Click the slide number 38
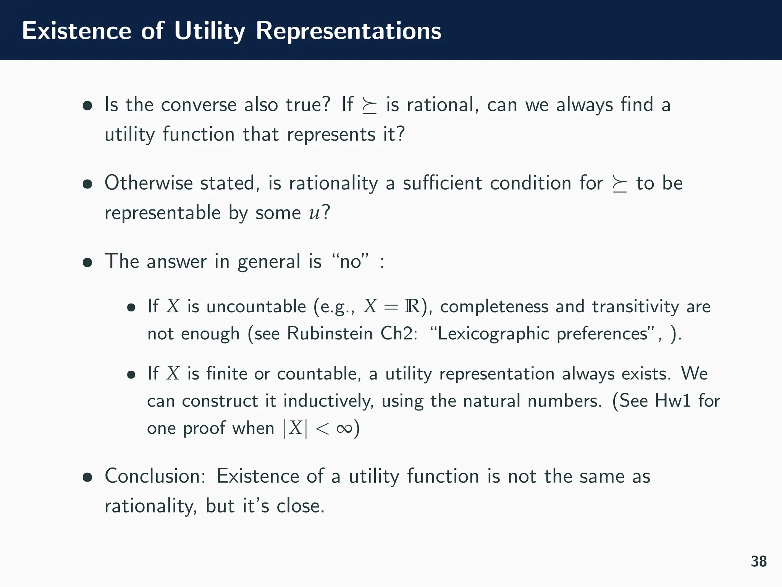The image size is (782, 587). [758, 561]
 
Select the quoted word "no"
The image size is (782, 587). [351, 262]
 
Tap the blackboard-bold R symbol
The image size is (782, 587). [412, 306]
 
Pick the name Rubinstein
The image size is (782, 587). [330, 334]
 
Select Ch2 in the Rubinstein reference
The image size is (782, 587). [397, 334]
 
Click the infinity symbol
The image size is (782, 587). [344, 428]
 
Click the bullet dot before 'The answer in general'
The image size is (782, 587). [87, 263]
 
